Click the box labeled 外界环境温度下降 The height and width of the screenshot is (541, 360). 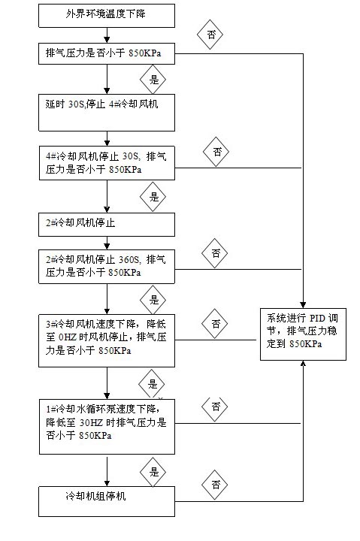tap(107, 16)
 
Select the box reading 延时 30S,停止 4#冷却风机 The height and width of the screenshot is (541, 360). tap(107, 113)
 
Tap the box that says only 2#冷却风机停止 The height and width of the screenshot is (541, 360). tap(107, 225)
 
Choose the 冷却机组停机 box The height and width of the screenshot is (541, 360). tap(107, 501)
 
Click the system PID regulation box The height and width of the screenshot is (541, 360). tap(303, 334)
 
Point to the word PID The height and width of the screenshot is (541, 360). tap(319, 318)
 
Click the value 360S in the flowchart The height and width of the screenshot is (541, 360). tap(129, 259)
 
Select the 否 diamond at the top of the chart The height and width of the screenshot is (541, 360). tap(210, 35)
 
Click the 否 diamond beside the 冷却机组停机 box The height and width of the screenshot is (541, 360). tap(215, 485)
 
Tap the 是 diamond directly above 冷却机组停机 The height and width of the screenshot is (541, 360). tap(153, 472)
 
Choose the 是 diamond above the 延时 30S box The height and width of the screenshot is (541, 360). tap(153, 80)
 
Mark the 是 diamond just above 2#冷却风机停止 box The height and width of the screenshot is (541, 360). tap(153, 197)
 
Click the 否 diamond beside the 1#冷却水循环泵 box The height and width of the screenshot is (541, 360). tap(215, 407)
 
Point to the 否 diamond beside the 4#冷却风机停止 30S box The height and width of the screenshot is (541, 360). tap(216, 152)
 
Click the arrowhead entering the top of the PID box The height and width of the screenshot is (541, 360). tap(303, 305)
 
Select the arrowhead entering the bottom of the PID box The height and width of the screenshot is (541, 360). tap(303, 364)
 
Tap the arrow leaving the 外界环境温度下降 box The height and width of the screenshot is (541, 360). tap(107, 35)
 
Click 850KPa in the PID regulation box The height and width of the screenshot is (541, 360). tap(306, 344)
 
